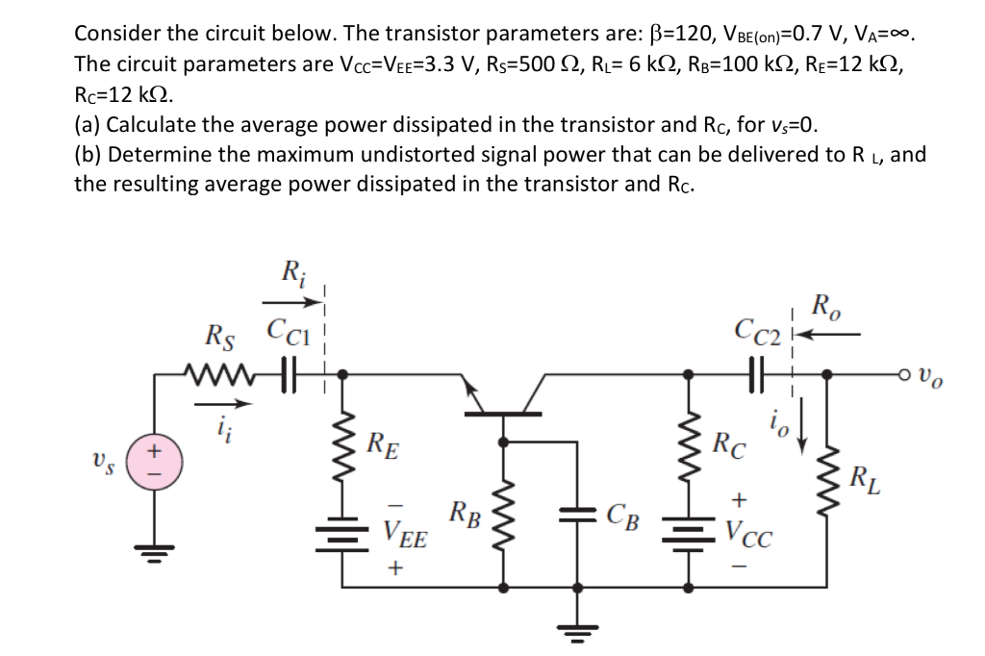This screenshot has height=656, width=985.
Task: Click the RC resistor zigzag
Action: click(690, 445)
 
